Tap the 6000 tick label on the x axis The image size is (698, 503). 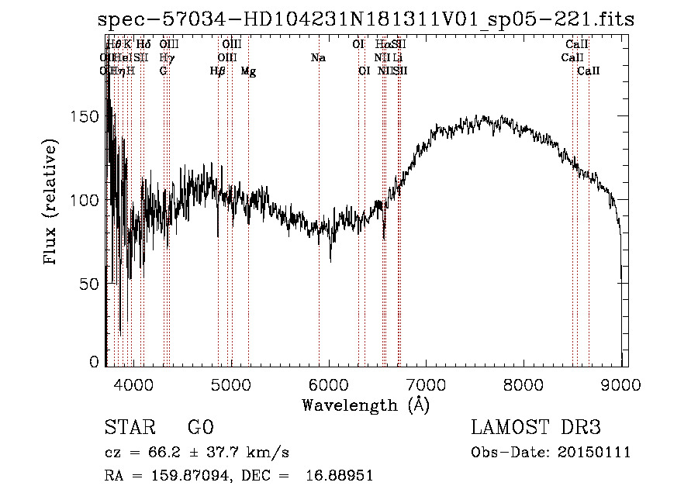point(329,385)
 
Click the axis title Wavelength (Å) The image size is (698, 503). point(365,405)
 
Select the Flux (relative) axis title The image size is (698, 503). point(52,203)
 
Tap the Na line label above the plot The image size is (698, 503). point(318,57)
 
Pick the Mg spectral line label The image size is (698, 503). point(248,71)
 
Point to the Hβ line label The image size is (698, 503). point(218,71)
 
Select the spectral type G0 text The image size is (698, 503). point(200,428)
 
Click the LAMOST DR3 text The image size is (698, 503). point(536,428)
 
